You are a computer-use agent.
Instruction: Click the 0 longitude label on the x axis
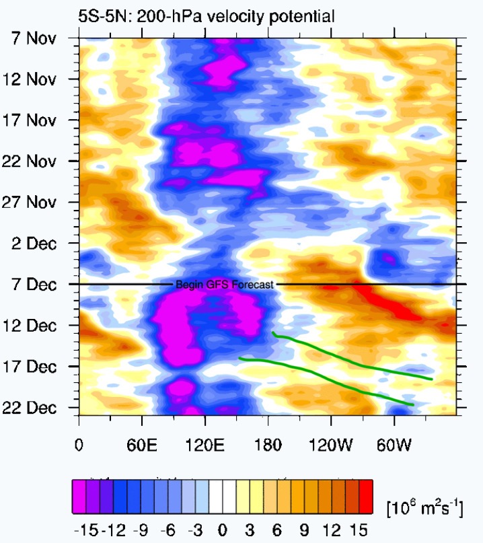point(79,445)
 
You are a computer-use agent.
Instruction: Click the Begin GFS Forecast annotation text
point(224,285)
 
